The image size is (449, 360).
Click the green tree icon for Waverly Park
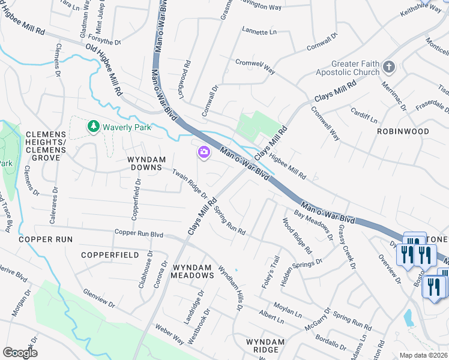tap(93, 127)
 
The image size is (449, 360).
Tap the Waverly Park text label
tap(127, 127)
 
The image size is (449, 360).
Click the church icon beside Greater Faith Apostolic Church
tap(389, 67)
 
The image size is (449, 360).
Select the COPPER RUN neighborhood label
tap(46, 239)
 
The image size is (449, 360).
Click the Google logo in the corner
tap(20, 352)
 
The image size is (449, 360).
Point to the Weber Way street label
tap(169, 335)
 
